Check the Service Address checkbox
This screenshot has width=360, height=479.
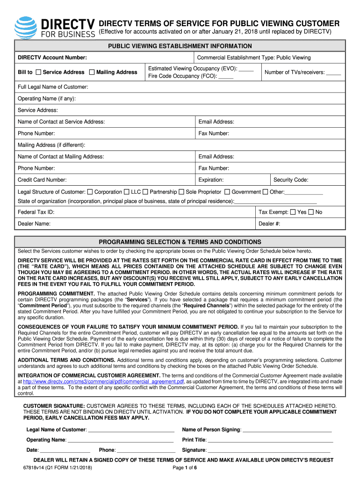[x=38, y=72]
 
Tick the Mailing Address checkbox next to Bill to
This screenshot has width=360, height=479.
[x=92, y=72]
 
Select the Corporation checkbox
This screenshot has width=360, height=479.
[x=90, y=192]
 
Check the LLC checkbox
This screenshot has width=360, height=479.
[x=127, y=192]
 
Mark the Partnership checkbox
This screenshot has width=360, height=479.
[x=145, y=192]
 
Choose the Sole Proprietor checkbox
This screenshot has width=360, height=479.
[x=181, y=192]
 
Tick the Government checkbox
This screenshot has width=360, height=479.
[x=227, y=192]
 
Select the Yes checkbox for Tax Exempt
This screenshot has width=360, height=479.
[x=293, y=212]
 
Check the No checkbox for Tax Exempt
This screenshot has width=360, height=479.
[x=311, y=212]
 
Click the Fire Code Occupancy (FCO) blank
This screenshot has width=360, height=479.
[x=226, y=76]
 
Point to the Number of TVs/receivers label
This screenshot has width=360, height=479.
[x=295, y=73]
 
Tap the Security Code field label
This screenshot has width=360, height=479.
[x=291, y=180]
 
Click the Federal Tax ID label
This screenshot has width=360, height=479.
[x=36, y=212]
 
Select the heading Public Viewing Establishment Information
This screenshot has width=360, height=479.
[x=180, y=46]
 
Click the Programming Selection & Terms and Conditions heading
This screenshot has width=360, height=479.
[x=180, y=242]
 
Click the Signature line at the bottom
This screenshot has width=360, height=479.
[x=269, y=450]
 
